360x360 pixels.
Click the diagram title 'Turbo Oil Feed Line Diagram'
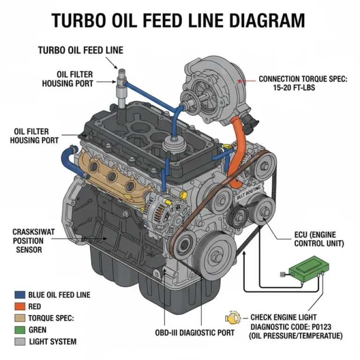click(178, 21)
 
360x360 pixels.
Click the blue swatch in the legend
click(20, 295)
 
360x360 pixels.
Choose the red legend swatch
click(20, 307)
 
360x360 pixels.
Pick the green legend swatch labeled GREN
click(20, 330)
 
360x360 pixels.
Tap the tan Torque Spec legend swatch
click(20, 318)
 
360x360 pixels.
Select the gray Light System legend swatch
click(20, 342)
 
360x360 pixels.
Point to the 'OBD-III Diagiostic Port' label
click(195, 333)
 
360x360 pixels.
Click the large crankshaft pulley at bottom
click(214, 255)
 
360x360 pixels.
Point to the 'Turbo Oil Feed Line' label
click(81, 50)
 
